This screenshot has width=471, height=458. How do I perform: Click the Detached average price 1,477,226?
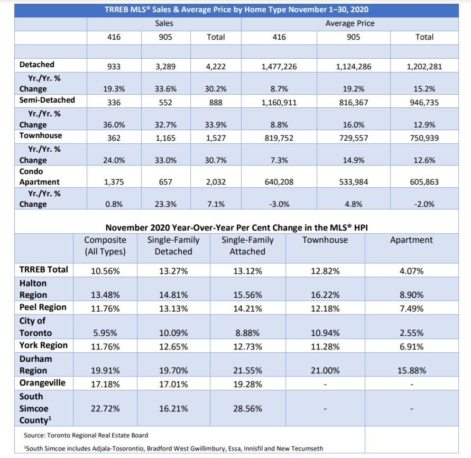point(279,67)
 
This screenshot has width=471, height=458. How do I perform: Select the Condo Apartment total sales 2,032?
point(216,182)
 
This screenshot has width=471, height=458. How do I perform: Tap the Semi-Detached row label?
point(47,100)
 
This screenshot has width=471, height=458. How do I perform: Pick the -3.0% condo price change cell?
point(279,204)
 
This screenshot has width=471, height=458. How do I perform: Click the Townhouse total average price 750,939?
point(424,138)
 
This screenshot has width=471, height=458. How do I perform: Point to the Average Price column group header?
point(350,23)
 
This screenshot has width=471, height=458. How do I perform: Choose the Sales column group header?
point(164,23)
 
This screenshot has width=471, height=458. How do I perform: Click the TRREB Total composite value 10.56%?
point(105,271)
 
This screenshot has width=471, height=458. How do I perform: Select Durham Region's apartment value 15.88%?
point(411,371)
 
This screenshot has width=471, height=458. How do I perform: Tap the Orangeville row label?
point(42,383)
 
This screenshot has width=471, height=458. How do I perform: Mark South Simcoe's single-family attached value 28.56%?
point(247,409)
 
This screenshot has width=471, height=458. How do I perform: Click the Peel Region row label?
point(43,307)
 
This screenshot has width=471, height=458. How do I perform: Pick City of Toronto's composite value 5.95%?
point(105,333)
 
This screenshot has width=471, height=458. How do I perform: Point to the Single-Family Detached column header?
point(173,245)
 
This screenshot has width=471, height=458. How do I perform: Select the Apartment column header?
point(411,240)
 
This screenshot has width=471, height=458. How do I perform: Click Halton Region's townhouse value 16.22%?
point(325,295)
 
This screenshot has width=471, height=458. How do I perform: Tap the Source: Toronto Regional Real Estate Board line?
point(86,435)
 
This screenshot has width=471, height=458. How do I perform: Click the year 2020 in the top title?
point(359,10)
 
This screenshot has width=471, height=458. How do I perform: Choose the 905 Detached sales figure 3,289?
point(165,67)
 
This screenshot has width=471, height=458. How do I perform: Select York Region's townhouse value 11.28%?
point(325,347)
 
